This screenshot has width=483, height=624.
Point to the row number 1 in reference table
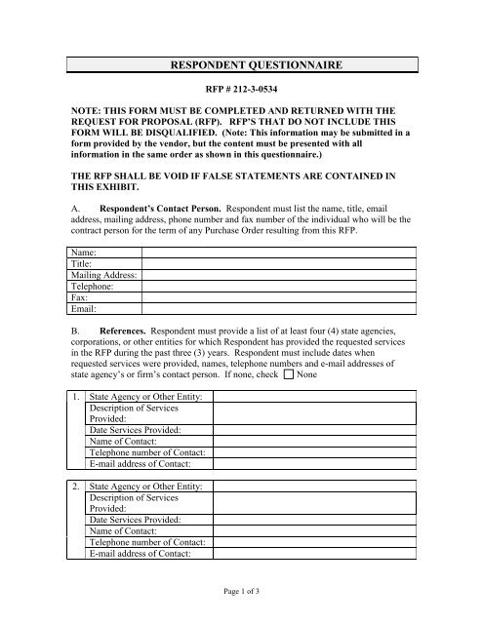(x=75, y=396)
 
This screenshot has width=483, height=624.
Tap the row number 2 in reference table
(x=75, y=486)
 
